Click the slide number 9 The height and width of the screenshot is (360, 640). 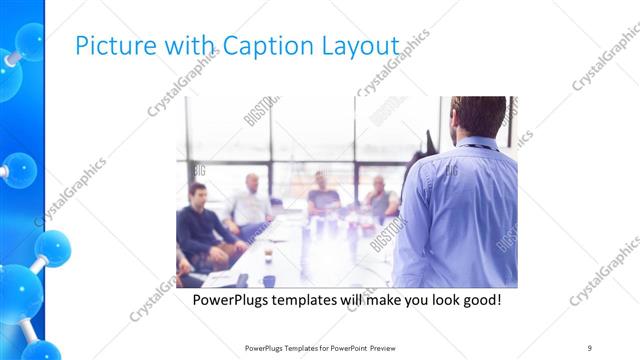pyautogui.click(x=590, y=348)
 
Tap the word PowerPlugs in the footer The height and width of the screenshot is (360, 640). pyautogui.click(x=262, y=348)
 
